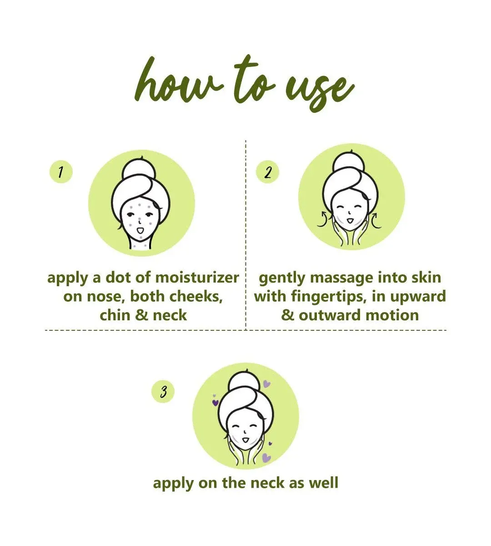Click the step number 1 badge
pyautogui.click(x=61, y=172)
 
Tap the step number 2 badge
pyautogui.click(x=268, y=172)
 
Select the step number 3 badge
pyautogui.click(x=163, y=392)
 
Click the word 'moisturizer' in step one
pyautogui.click(x=197, y=278)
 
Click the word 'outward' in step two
pyautogui.click(x=330, y=315)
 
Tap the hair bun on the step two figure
pyautogui.click(x=351, y=163)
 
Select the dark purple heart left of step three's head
pyautogui.click(x=215, y=403)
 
